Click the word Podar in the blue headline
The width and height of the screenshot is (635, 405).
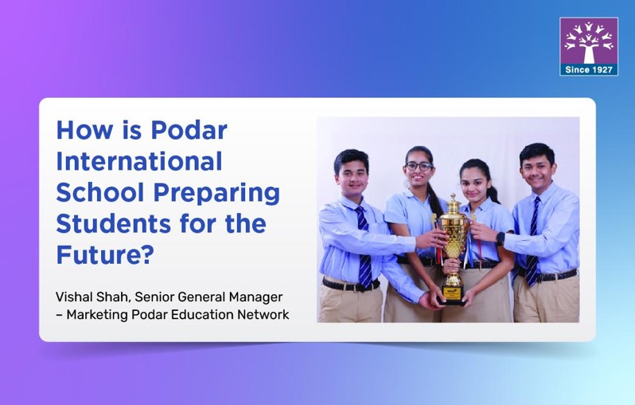(x=189, y=130)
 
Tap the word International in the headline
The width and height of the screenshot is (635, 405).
(x=138, y=162)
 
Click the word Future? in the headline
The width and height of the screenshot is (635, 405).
(x=103, y=255)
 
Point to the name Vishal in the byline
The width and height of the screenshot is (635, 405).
(x=75, y=297)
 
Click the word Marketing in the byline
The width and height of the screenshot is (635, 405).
(x=99, y=314)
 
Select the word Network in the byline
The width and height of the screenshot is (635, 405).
(x=263, y=314)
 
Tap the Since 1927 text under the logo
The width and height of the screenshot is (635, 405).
(x=589, y=69)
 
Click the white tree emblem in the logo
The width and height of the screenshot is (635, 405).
(x=589, y=41)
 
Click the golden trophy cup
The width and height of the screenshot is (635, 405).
(x=451, y=231)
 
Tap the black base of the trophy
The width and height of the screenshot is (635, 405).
(x=451, y=297)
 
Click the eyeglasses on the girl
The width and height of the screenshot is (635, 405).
(x=419, y=166)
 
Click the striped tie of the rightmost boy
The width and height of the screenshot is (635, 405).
(x=532, y=239)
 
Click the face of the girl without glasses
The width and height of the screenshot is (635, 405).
(x=475, y=181)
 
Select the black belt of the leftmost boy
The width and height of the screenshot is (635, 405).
(x=350, y=284)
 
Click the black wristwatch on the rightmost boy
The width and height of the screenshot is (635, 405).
(x=501, y=238)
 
